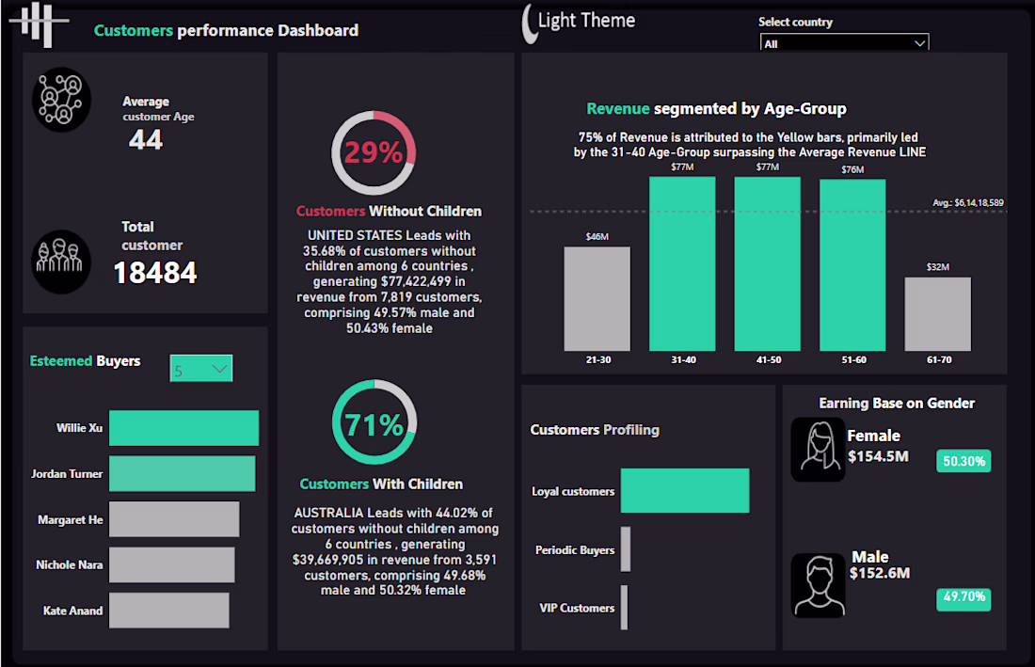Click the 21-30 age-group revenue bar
pyautogui.click(x=597, y=298)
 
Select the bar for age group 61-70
pyautogui.click(x=938, y=313)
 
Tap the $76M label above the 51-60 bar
pyautogui.click(x=852, y=169)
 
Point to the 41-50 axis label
pyautogui.click(x=767, y=359)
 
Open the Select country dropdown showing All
pyautogui.click(x=844, y=43)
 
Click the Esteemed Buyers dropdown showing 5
pyautogui.click(x=201, y=369)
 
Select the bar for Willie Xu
pyautogui.click(x=183, y=428)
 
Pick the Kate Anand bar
pyautogui.click(x=168, y=610)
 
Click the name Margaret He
pyautogui.click(x=71, y=519)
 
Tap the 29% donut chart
pyautogui.click(x=374, y=152)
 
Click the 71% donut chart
pyautogui.click(x=374, y=424)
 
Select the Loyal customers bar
pyautogui.click(x=684, y=490)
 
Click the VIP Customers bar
pyautogui.click(x=624, y=608)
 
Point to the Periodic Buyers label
pyautogui.click(x=575, y=550)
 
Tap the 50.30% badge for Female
pyautogui.click(x=963, y=461)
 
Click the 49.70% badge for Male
pyautogui.click(x=963, y=596)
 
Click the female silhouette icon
pyautogui.click(x=818, y=450)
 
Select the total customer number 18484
pyautogui.click(x=155, y=274)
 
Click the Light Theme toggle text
pyautogui.click(x=586, y=21)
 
